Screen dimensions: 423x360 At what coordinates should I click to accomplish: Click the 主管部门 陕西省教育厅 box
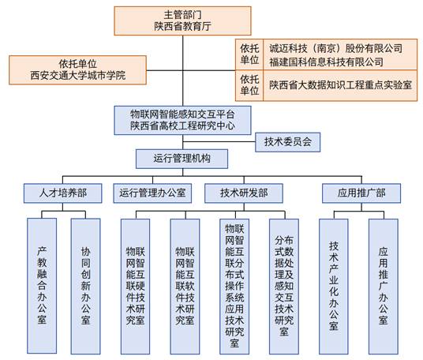(x=182, y=21)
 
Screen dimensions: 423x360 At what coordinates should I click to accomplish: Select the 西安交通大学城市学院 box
(x=77, y=70)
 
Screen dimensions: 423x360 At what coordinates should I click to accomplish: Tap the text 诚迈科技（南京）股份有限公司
(x=336, y=49)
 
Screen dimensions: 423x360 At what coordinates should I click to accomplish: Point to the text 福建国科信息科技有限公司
(x=326, y=62)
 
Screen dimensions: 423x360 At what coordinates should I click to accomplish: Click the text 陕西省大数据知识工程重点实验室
(x=340, y=85)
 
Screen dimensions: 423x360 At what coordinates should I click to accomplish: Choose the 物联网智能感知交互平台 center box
(x=182, y=120)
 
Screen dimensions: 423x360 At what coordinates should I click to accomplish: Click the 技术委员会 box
(x=288, y=142)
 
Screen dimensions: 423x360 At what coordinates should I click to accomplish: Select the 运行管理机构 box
(x=182, y=159)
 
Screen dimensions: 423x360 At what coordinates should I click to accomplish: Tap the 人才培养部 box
(x=63, y=193)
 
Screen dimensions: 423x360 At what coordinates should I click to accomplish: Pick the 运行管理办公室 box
(x=152, y=193)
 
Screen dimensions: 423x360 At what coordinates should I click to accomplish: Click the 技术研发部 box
(x=244, y=193)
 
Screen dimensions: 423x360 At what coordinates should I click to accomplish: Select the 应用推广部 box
(x=361, y=193)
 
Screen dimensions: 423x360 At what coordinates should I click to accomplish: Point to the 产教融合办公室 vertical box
(x=42, y=286)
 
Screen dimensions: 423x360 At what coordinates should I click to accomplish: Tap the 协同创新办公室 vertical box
(x=85, y=286)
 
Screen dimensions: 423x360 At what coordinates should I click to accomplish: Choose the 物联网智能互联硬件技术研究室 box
(x=135, y=287)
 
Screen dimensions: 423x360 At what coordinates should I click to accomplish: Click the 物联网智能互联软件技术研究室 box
(x=185, y=287)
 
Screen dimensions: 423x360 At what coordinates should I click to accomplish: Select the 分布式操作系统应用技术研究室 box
(x=234, y=287)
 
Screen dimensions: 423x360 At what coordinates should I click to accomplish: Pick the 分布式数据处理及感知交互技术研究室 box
(x=284, y=287)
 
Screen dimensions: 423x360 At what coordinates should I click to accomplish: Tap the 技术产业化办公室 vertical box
(x=334, y=287)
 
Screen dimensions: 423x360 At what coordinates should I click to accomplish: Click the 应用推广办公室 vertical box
(x=384, y=287)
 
